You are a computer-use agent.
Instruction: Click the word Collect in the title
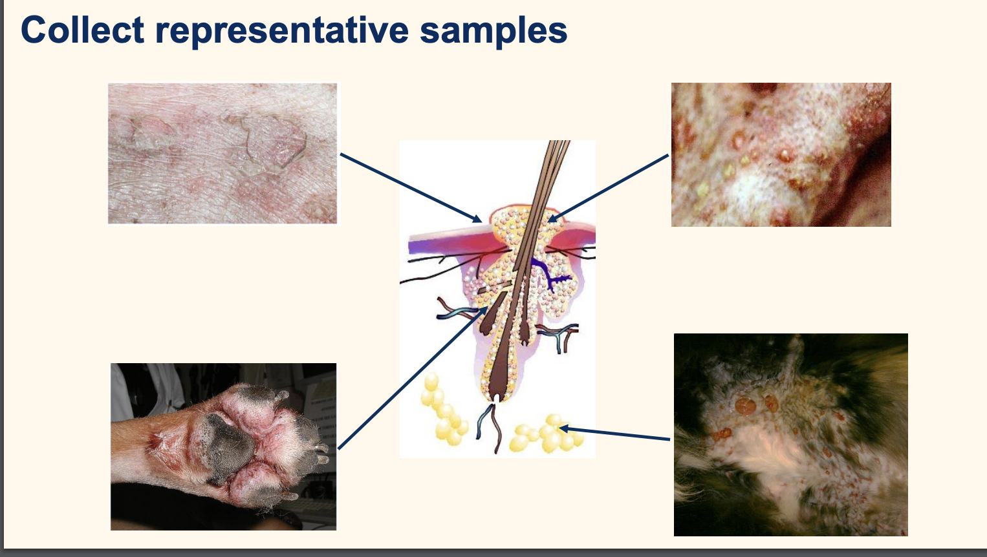click(x=82, y=30)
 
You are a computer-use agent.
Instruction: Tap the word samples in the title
click(x=493, y=30)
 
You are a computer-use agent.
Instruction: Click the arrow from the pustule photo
click(x=608, y=187)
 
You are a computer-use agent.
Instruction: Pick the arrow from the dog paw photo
click(x=414, y=377)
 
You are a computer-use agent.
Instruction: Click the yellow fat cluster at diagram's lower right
click(x=547, y=435)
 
